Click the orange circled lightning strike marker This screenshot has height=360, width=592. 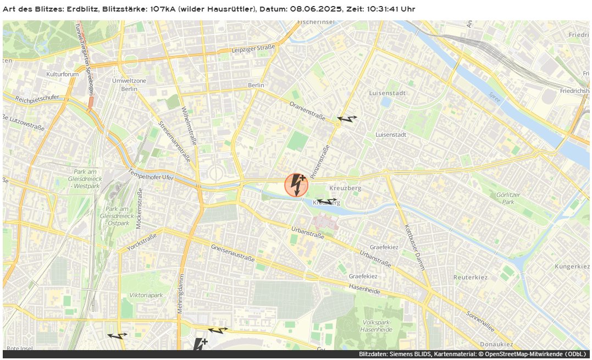[297, 185]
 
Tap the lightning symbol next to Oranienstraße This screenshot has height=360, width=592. [347, 118]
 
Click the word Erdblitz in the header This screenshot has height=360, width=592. [82, 9]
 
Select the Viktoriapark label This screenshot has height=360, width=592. [146, 295]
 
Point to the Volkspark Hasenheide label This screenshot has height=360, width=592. [376, 326]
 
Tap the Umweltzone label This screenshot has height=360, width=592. [129, 81]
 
